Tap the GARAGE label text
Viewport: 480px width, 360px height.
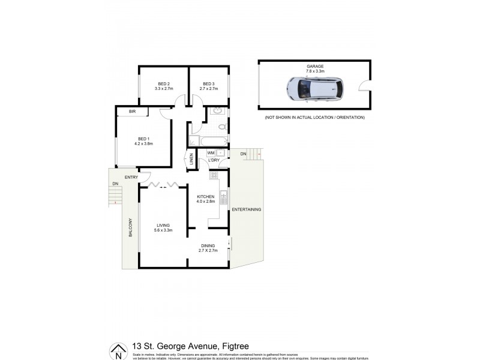coord(315,65)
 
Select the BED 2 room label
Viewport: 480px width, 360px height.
coord(164,83)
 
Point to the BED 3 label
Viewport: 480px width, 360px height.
coord(208,83)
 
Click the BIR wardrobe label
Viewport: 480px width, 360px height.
coord(132,112)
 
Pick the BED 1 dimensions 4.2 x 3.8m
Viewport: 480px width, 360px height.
coord(143,144)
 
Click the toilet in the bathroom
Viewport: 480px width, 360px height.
coord(221,127)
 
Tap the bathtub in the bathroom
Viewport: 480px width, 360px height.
coord(208,142)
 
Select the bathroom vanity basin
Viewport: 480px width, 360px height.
coord(218,112)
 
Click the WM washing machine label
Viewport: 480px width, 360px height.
coord(211,153)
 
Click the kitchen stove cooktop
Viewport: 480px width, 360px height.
coord(214,175)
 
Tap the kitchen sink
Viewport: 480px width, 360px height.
coord(224,196)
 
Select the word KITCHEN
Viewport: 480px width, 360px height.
coord(205,196)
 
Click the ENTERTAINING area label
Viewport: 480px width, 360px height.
coord(247,209)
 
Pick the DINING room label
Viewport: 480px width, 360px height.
coord(208,245)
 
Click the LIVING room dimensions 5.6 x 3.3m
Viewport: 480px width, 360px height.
coord(163,230)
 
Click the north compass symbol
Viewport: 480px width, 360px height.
coord(118,351)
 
